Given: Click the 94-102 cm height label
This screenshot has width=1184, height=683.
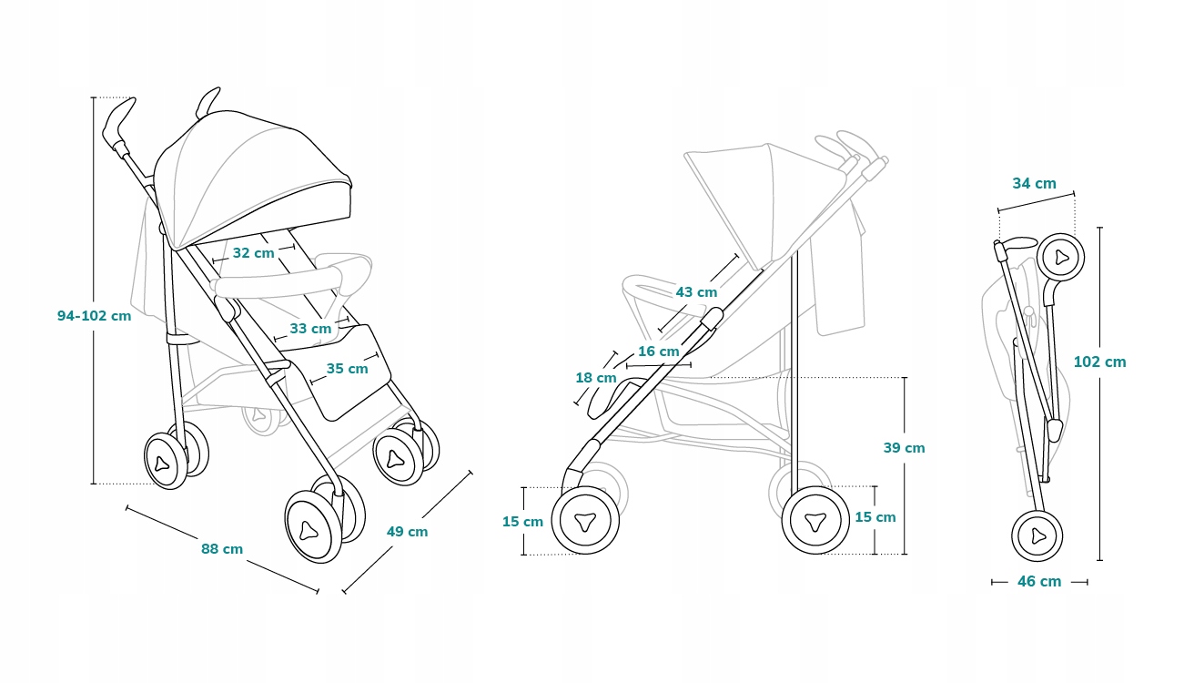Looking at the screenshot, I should [x=94, y=316].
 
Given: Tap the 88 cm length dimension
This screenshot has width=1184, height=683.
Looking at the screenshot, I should [x=222, y=549].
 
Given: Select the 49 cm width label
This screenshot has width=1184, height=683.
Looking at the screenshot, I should [x=407, y=532].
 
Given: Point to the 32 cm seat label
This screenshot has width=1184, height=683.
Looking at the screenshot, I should [x=253, y=253].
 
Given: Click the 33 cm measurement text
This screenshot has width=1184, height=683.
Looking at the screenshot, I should [x=310, y=328].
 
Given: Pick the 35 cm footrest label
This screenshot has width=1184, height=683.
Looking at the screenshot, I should [x=347, y=369].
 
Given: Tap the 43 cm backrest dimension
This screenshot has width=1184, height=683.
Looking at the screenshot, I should [x=696, y=292].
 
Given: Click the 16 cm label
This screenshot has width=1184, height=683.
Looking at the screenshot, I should [x=658, y=352].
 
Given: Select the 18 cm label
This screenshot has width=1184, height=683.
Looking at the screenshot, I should [x=595, y=378].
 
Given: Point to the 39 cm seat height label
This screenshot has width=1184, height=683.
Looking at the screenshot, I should [x=904, y=448].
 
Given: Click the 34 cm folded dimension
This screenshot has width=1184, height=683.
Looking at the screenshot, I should [x=1034, y=183].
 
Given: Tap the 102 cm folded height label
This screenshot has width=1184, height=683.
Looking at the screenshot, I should [x=1099, y=362].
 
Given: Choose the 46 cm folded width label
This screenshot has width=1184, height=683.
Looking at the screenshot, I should [x=1038, y=581].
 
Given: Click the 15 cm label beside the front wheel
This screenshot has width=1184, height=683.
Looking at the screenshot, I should [x=522, y=522].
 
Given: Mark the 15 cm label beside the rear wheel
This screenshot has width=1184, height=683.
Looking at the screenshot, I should [x=875, y=517].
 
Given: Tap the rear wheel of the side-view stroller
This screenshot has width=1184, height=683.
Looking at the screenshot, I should [x=814, y=520].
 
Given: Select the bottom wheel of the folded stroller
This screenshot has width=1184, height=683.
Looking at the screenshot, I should [x=1037, y=535].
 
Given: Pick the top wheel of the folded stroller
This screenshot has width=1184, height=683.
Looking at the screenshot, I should [x=1060, y=258].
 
